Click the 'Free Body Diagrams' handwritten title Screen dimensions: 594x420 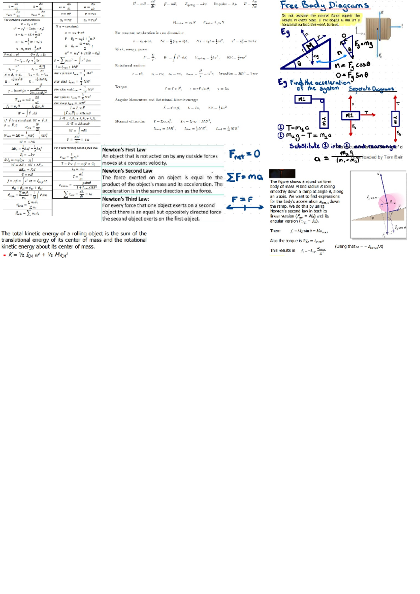pos(324,6)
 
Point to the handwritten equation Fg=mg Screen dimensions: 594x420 pos(363,44)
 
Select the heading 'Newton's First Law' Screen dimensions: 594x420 pos(124,150)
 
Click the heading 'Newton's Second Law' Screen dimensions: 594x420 pos(127,171)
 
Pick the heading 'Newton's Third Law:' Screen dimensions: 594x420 pos(125,199)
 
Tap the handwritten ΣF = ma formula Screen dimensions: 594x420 pos(244,177)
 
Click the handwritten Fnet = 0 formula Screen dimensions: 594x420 pos(244,154)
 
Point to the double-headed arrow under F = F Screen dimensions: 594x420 pos(245,208)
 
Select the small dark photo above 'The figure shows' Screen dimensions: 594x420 pos(282,174)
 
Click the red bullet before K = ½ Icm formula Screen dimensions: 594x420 pos(5,255)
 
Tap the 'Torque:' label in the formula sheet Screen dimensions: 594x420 pos(121,87)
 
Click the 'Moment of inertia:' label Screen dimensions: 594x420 pos(130,121)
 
